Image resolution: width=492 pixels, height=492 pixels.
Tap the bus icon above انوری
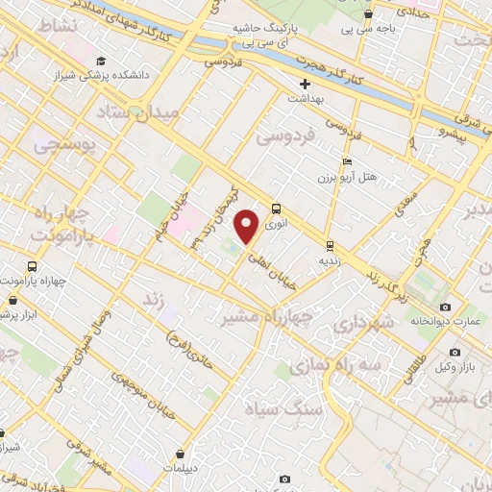click(276, 207)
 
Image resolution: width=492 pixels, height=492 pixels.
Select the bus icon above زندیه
click(330, 245)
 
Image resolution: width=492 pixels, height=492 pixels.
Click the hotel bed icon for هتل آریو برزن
click(347, 161)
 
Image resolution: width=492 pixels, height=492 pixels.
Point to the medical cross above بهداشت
click(305, 84)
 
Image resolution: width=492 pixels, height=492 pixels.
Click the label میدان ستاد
click(135, 114)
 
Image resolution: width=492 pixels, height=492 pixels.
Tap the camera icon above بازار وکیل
click(455, 352)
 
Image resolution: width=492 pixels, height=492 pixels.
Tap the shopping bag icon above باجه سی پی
click(368, 14)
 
